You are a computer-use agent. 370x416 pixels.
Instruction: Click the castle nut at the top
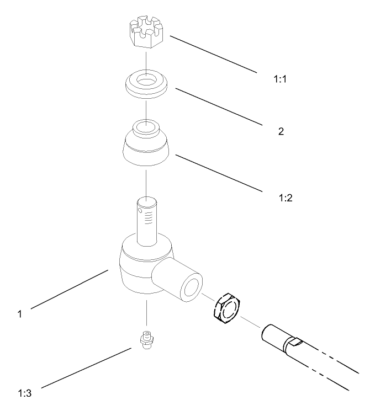pyautogui.click(x=146, y=31)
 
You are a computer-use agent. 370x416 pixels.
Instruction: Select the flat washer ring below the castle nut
pyautogui.click(x=146, y=90)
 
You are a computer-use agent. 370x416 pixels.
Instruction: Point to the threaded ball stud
pyautogui.click(x=146, y=221)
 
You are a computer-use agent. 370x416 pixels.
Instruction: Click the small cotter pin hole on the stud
pyautogui.click(x=140, y=211)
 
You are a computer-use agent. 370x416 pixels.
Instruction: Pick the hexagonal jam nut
pyautogui.click(x=226, y=308)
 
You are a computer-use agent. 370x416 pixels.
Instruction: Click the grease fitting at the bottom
pyautogui.click(x=146, y=340)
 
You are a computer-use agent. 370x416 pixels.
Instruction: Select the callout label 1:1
pyautogui.click(x=280, y=79)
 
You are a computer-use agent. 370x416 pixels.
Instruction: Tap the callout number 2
pyautogui.click(x=281, y=131)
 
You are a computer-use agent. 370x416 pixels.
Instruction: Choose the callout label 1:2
pyautogui.click(x=286, y=198)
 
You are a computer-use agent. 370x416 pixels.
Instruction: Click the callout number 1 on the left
pyautogui.click(x=20, y=314)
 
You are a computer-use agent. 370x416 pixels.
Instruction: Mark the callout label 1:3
pyautogui.click(x=25, y=393)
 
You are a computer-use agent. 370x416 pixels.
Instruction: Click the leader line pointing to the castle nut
pyautogui.click(x=214, y=54)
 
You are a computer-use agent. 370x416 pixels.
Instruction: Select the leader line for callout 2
pyautogui.click(x=219, y=106)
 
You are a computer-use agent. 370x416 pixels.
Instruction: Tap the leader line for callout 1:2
pyautogui.click(x=219, y=173)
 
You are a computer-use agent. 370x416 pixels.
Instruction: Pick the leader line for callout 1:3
pyautogui.click(x=86, y=368)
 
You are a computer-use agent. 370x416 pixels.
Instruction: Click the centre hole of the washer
pyautogui.click(x=146, y=79)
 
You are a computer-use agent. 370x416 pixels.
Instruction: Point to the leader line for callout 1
pyautogui.click(x=70, y=290)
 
